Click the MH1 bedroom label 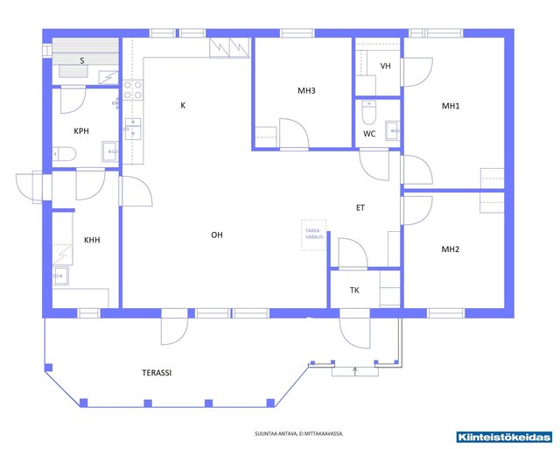coord(451,106)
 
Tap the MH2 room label coord(451,249)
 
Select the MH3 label coord(306,91)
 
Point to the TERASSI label coord(157,373)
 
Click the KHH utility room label coord(92,240)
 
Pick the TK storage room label coord(354,291)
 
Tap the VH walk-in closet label coord(385,67)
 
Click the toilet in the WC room coord(369,112)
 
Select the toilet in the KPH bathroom coord(65,154)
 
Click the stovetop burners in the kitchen coord(133,89)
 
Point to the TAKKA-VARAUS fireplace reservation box coord(314,235)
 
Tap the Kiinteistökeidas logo coord(504,437)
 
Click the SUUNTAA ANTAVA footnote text coord(299,433)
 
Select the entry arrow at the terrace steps coord(355,371)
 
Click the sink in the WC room coord(393,130)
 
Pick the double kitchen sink coord(133,129)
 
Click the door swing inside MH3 coord(294,133)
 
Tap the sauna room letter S coord(82,60)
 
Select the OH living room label coord(217,235)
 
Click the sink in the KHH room coord(60,276)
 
